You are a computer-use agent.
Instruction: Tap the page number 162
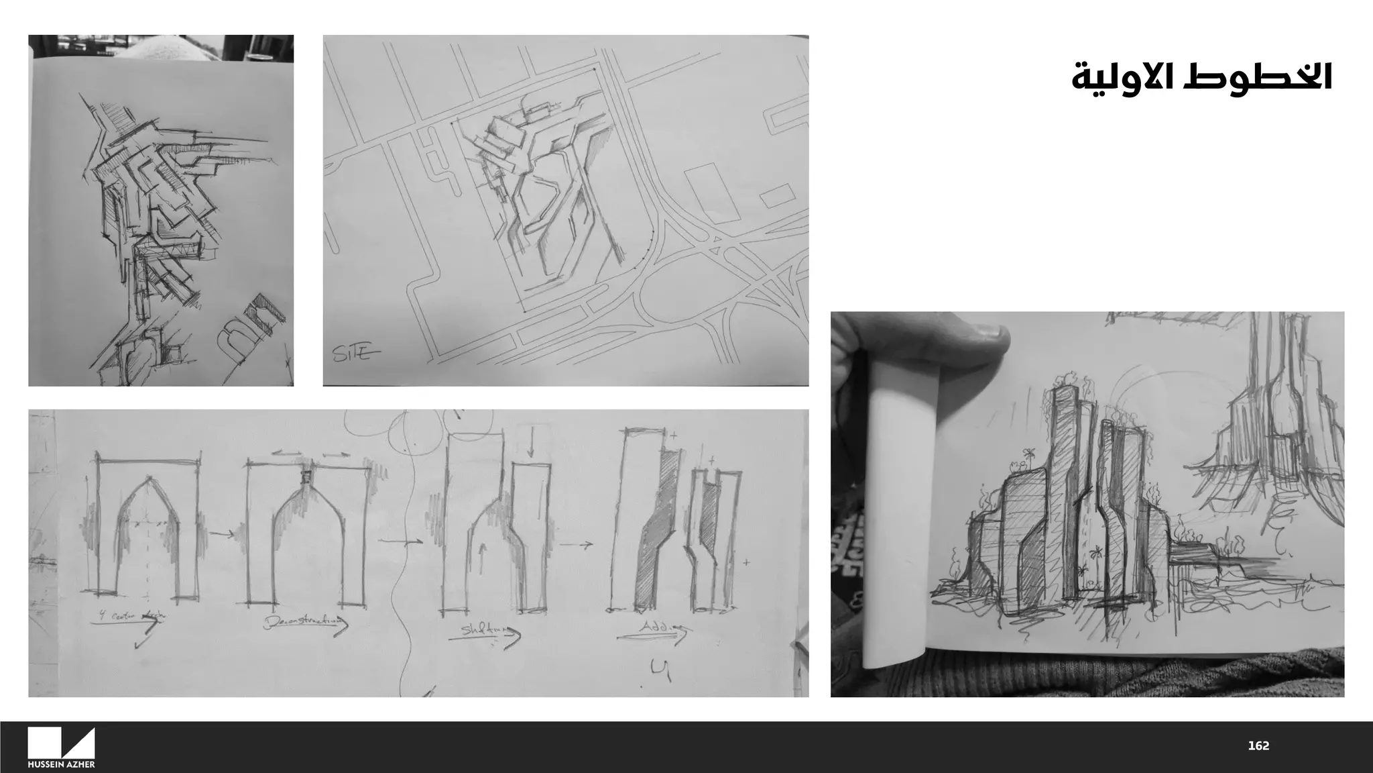tap(1258, 745)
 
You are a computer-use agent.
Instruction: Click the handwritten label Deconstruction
tap(305, 622)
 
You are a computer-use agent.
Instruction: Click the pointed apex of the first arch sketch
tap(149, 478)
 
